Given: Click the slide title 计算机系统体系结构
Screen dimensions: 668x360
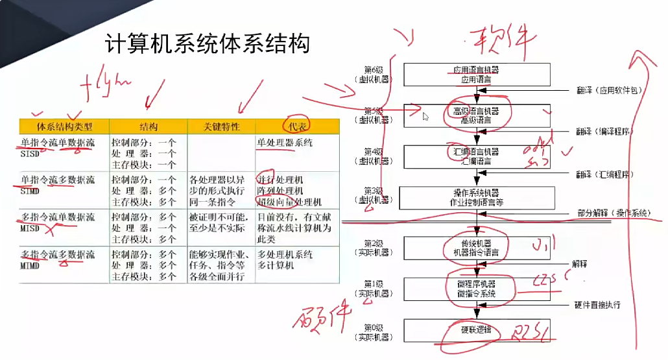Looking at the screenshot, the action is pyautogui.click(x=206, y=45).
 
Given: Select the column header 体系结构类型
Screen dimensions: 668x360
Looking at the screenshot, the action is pyautogui.click(x=64, y=126).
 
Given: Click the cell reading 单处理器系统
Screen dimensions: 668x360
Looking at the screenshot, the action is pyautogui.click(x=285, y=142).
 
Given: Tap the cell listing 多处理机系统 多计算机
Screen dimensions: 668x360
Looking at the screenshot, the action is pyautogui.click(x=285, y=259).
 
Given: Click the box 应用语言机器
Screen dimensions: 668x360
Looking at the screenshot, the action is pyautogui.click(x=477, y=74).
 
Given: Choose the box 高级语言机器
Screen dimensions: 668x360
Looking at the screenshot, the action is pyautogui.click(x=477, y=115).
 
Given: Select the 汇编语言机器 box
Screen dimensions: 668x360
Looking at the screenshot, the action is pyautogui.click(x=477, y=156).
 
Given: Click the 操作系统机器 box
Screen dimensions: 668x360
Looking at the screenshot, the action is pyautogui.click(x=477, y=197).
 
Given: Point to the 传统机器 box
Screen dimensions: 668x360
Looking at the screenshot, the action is pyautogui.click(x=477, y=247).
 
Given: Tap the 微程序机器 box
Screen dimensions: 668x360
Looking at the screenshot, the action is pyautogui.click(x=477, y=289).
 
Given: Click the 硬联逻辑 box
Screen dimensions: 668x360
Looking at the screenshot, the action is pyautogui.click(x=477, y=330).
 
